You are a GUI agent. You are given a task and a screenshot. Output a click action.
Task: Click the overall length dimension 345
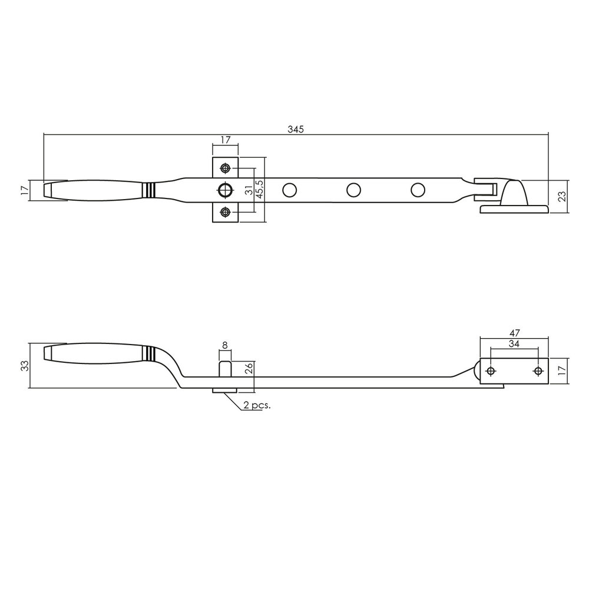coord(296,129)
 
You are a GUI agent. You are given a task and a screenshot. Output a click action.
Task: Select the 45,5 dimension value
coord(259,190)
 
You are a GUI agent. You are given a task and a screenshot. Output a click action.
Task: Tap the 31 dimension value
coord(249,190)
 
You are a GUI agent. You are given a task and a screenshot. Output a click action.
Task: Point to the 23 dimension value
coord(562,196)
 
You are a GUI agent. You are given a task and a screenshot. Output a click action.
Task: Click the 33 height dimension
coord(24,366)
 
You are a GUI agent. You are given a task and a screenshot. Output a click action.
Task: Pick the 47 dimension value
coord(514,333)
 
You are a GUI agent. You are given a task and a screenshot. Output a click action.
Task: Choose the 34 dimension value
coord(514,343)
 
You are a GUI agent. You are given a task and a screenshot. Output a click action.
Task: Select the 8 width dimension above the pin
coord(225,346)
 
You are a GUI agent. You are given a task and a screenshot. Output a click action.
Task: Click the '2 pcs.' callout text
coord(257,405)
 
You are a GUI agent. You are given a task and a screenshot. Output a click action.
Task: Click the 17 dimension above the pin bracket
coord(225,140)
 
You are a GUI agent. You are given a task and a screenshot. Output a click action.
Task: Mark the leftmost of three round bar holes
coord(289,190)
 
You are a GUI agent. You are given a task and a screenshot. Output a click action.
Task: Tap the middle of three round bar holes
coord(353,190)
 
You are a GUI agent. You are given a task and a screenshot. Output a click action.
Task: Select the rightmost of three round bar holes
coord(418,190)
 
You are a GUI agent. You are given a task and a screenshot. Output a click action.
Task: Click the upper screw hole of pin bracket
coord(225,168)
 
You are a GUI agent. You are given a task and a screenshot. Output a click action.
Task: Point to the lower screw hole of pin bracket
coord(225,211)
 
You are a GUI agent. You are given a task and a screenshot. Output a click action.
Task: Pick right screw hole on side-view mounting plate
coord(537,370)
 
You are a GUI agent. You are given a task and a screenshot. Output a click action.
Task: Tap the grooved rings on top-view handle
coord(150,190)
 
